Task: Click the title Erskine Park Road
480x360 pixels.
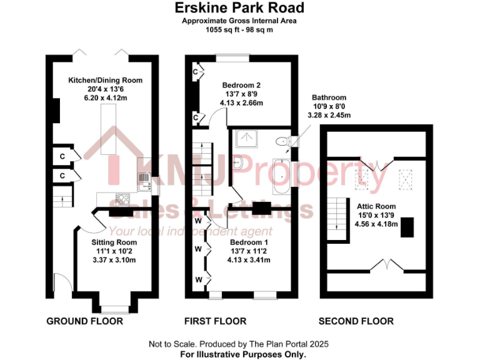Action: click(x=239, y=8)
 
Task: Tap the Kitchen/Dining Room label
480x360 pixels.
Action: click(x=105, y=80)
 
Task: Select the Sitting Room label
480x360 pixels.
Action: click(x=114, y=242)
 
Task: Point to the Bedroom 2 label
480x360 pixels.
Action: click(x=241, y=85)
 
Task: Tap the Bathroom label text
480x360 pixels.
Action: click(x=329, y=97)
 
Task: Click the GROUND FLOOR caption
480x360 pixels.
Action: click(x=84, y=321)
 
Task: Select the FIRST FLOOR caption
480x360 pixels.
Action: click(x=215, y=321)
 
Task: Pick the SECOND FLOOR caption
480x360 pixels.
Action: click(x=356, y=321)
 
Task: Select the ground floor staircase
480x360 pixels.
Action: click(x=61, y=200)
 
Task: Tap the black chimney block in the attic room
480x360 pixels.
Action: click(x=407, y=226)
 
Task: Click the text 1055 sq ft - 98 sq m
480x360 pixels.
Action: click(x=239, y=29)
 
